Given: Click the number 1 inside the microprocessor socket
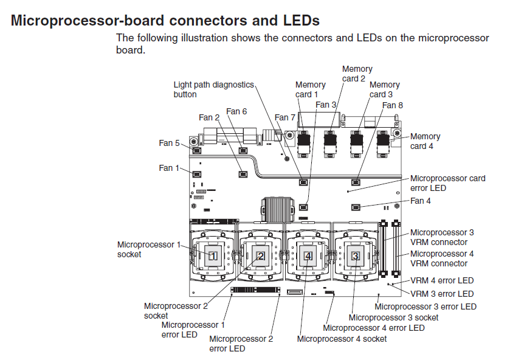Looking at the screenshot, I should (x=213, y=256).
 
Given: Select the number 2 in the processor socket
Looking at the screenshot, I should (x=260, y=256).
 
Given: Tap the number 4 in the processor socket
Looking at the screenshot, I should (x=308, y=256).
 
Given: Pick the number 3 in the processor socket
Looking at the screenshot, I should (x=355, y=256).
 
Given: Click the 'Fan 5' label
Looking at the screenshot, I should (x=169, y=143).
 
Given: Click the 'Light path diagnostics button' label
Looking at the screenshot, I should (x=213, y=89).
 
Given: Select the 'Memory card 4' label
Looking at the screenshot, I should (x=425, y=141).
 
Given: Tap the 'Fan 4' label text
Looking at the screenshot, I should (x=421, y=201).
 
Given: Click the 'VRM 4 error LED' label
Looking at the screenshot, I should (x=442, y=281).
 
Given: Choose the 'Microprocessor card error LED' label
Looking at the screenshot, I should (x=447, y=183).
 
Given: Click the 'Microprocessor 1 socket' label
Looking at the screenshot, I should (x=149, y=249).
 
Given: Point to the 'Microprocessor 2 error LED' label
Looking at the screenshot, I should (x=241, y=344).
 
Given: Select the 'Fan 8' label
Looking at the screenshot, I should (x=392, y=105).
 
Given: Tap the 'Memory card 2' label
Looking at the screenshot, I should (x=357, y=74).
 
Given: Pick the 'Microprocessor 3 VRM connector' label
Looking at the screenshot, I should (x=442, y=237).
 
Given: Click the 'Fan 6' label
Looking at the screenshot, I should (x=236, y=111).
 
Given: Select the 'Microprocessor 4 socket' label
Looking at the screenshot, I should (x=342, y=339).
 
